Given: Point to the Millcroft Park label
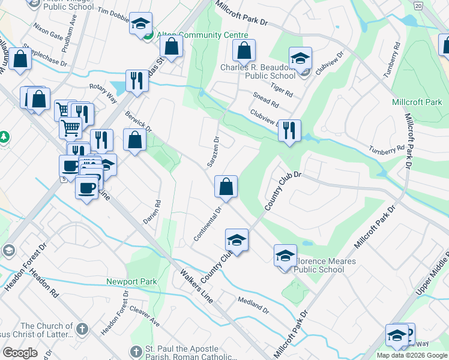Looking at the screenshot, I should coord(417,102).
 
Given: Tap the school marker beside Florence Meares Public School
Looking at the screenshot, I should coord(285,256).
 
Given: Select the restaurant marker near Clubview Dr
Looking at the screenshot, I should coord(290,130).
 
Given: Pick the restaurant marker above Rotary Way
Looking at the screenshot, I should coord(137,81).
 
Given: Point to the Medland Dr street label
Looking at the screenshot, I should coord(253,304).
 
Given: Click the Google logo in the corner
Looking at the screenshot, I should coord(20,353).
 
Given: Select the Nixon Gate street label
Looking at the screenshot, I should coord(49,31).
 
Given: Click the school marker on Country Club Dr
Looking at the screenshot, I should coord(237,240).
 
